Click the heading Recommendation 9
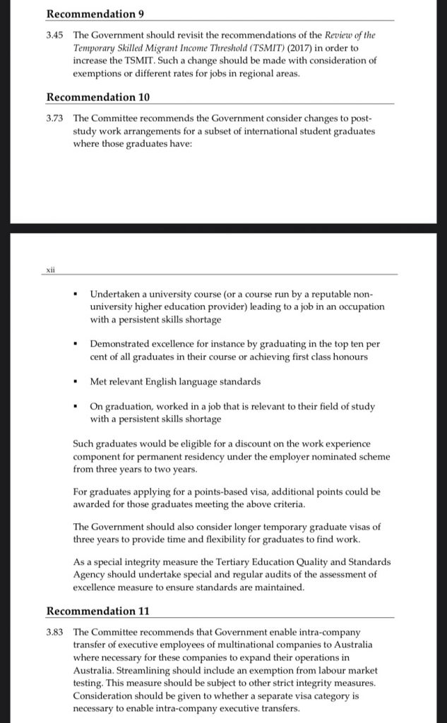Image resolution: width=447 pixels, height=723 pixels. [91, 13]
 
